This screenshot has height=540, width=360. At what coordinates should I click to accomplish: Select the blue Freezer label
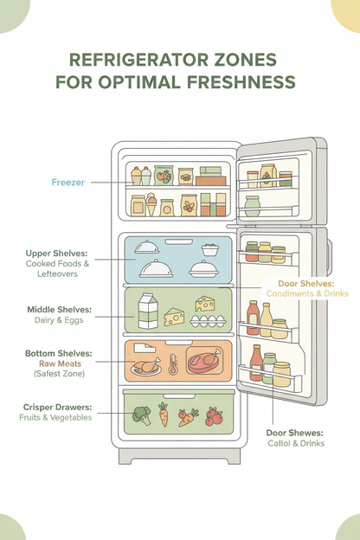click(x=67, y=183)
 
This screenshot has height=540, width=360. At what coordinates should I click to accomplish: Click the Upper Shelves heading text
click(x=56, y=254)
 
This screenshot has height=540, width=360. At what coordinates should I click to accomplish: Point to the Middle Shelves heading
click(x=57, y=308)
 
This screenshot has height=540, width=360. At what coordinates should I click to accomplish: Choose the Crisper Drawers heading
click(x=58, y=405)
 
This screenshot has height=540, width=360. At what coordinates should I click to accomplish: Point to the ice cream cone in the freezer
click(x=151, y=205)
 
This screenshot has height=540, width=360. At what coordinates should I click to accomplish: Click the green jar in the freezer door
click(x=252, y=205)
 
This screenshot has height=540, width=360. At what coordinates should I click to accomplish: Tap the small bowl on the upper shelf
click(x=209, y=249)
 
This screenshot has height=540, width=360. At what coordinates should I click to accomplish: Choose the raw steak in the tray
click(x=205, y=359)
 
